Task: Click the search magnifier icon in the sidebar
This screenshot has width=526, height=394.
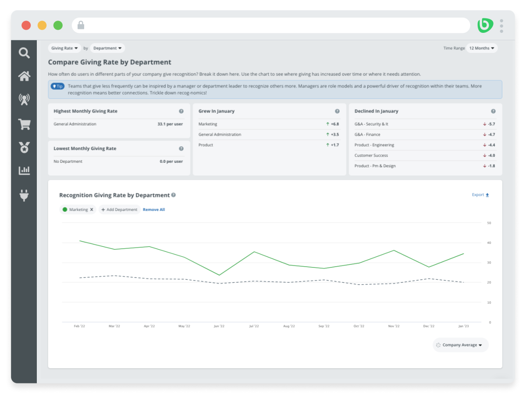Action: click(24, 53)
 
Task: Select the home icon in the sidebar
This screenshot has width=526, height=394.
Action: click(24, 76)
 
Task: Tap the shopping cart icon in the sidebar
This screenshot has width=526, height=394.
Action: click(24, 124)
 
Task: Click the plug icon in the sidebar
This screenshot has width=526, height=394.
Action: click(24, 195)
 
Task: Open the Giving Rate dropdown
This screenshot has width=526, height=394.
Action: click(64, 48)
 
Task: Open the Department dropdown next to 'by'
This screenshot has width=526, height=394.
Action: click(107, 48)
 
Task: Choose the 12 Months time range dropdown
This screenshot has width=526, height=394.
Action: click(482, 48)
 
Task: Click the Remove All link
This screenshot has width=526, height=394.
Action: click(154, 210)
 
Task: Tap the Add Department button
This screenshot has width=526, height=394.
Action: click(119, 210)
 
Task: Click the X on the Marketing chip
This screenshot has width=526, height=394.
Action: click(92, 210)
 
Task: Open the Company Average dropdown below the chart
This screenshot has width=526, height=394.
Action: click(460, 345)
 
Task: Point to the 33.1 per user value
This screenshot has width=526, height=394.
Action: click(170, 124)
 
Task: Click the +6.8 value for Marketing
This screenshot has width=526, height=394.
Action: click(334, 124)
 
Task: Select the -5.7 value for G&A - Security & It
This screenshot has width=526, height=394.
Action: click(491, 124)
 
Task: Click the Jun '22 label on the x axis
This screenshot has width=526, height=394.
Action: click(219, 326)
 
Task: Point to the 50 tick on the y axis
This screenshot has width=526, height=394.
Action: click(489, 223)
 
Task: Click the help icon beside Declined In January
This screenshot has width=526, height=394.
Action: click(493, 111)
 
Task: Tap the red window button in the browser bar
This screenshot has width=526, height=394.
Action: click(26, 25)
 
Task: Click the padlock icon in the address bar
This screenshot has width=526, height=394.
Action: click(81, 25)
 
